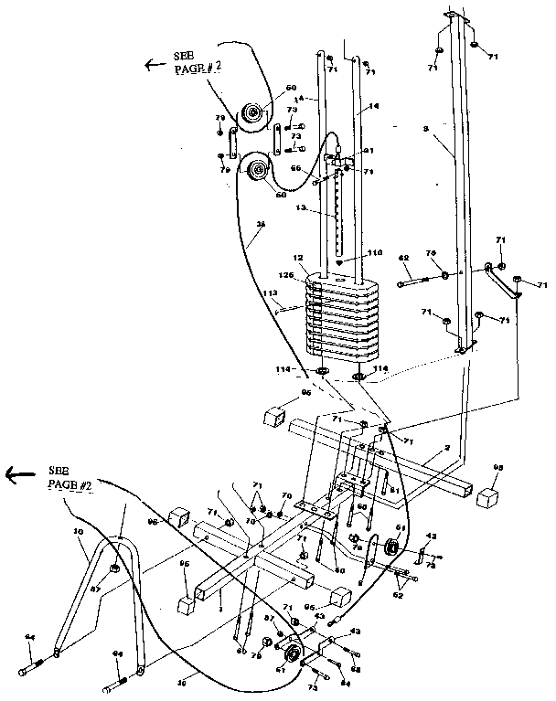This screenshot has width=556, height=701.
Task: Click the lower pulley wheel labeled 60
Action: [x=256, y=169]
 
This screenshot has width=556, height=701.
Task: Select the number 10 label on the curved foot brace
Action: [x=79, y=531]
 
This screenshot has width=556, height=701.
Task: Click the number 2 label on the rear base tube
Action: [x=445, y=448]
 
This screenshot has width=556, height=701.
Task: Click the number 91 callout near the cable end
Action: [x=369, y=151]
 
